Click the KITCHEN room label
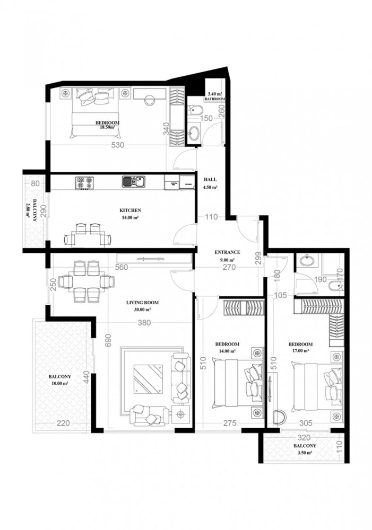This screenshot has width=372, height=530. [x=129, y=210]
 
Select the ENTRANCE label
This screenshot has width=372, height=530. [x=228, y=252]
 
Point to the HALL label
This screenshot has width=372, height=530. [x=211, y=180]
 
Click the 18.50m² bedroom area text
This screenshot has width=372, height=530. [x=107, y=127]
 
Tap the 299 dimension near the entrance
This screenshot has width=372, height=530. [x=258, y=258]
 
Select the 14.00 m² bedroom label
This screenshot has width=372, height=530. [x=227, y=351]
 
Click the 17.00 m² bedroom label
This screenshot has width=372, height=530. [x=300, y=350]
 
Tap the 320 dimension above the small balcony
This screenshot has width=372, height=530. [x=303, y=438]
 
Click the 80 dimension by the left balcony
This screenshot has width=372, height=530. [x=36, y=184]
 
